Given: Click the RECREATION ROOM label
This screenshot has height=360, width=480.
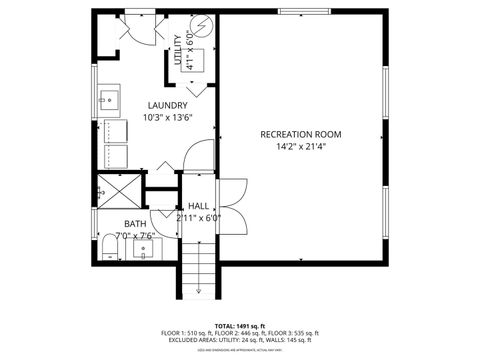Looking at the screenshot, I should [x=301, y=134].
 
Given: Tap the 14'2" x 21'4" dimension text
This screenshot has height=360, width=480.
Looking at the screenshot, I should [x=301, y=146].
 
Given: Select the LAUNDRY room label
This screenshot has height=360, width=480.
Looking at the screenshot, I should [x=167, y=105].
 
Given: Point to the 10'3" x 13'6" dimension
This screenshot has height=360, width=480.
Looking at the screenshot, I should [x=167, y=117].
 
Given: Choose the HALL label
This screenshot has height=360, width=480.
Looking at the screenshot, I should [x=198, y=205].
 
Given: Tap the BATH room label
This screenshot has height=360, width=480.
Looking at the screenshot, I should [x=134, y=224].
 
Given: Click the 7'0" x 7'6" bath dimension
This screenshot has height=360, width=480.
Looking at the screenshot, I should [x=134, y=236].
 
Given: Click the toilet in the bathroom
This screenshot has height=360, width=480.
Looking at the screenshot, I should [x=109, y=247].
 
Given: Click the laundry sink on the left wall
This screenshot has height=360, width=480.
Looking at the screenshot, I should [x=107, y=100].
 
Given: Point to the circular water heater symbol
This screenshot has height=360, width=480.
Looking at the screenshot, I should [x=205, y=27].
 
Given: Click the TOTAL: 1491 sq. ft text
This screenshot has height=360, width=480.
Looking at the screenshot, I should [x=240, y=325].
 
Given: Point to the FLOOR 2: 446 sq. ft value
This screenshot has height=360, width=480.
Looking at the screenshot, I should [x=240, y=333].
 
